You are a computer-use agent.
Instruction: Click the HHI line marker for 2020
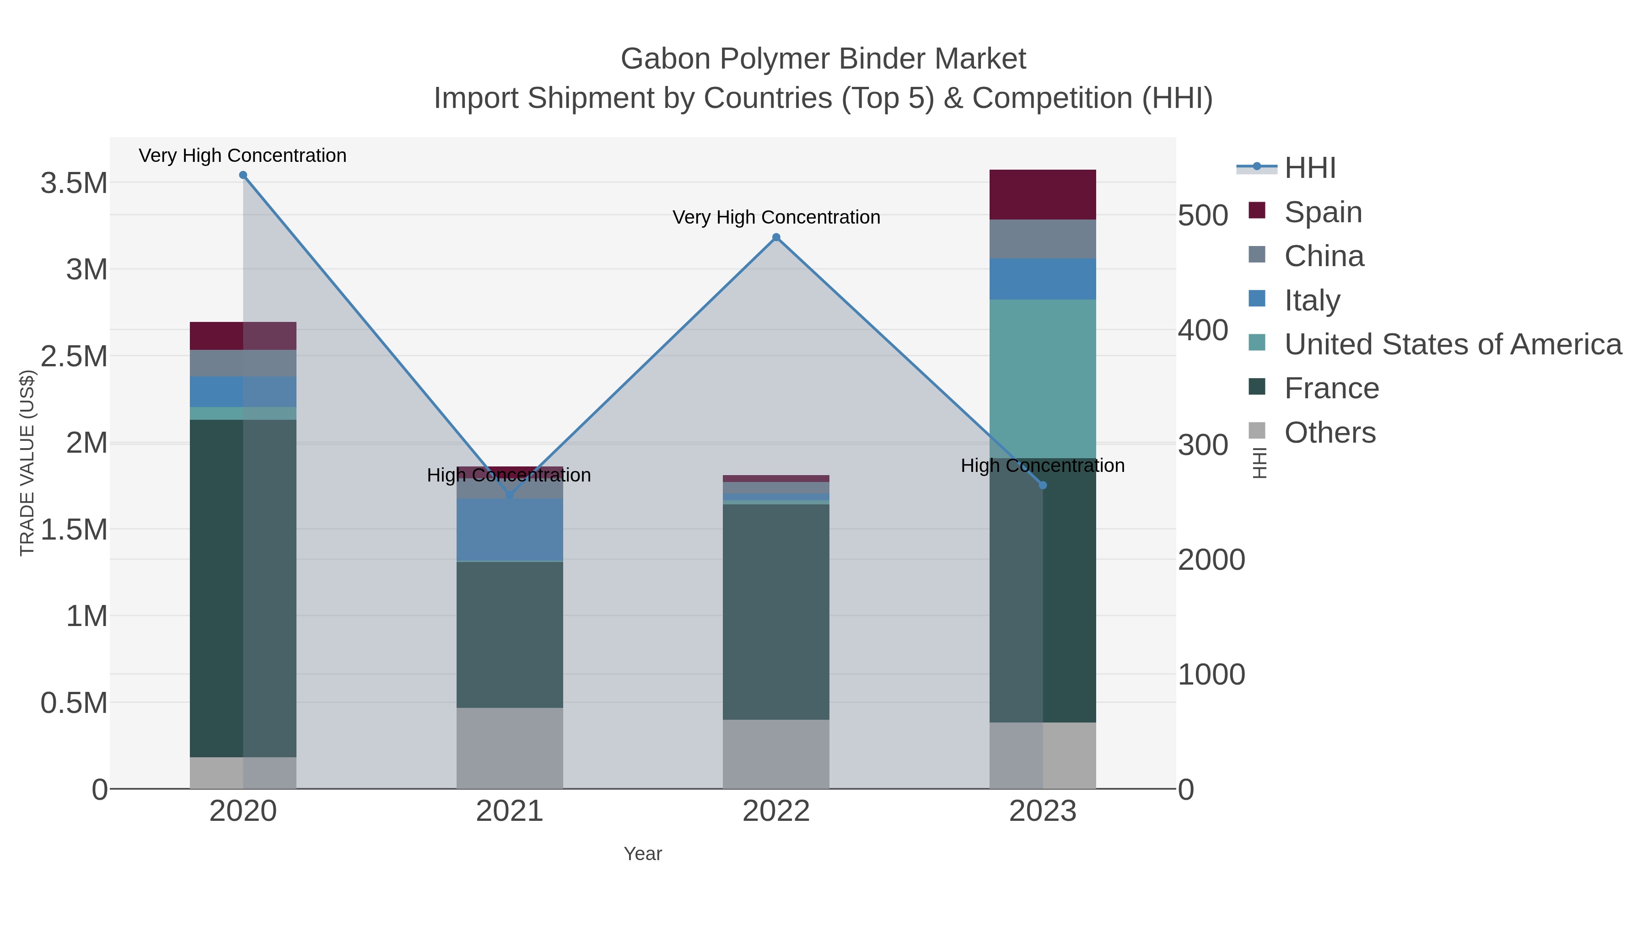click(x=243, y=175)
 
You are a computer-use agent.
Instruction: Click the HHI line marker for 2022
click(x=776, y=237)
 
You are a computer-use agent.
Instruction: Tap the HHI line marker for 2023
click(x=1043, y=486)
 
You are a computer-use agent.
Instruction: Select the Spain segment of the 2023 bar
click(x=1043, y=195)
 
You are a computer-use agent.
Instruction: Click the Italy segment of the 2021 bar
click(x=510, y=530)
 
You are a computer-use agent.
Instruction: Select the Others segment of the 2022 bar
click(x=776, y=754)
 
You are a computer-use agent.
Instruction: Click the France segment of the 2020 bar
click(x=243, y=588)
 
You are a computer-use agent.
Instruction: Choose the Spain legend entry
click(x=1323, y=212)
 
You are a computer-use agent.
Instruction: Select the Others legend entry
click(x=1329, y=433)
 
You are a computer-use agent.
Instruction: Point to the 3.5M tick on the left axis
click(x=74, y=183)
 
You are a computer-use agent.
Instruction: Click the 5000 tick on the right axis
click(x=1203, y=215)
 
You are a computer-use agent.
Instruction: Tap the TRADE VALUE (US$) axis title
click(x=27, y=463)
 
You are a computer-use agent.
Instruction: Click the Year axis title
click(x=643, y=854)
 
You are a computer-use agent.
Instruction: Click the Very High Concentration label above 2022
click(x=776, y=217)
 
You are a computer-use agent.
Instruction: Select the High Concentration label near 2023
click(x=1043, y=466)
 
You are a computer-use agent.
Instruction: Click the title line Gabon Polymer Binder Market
click(x=823, y=59)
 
